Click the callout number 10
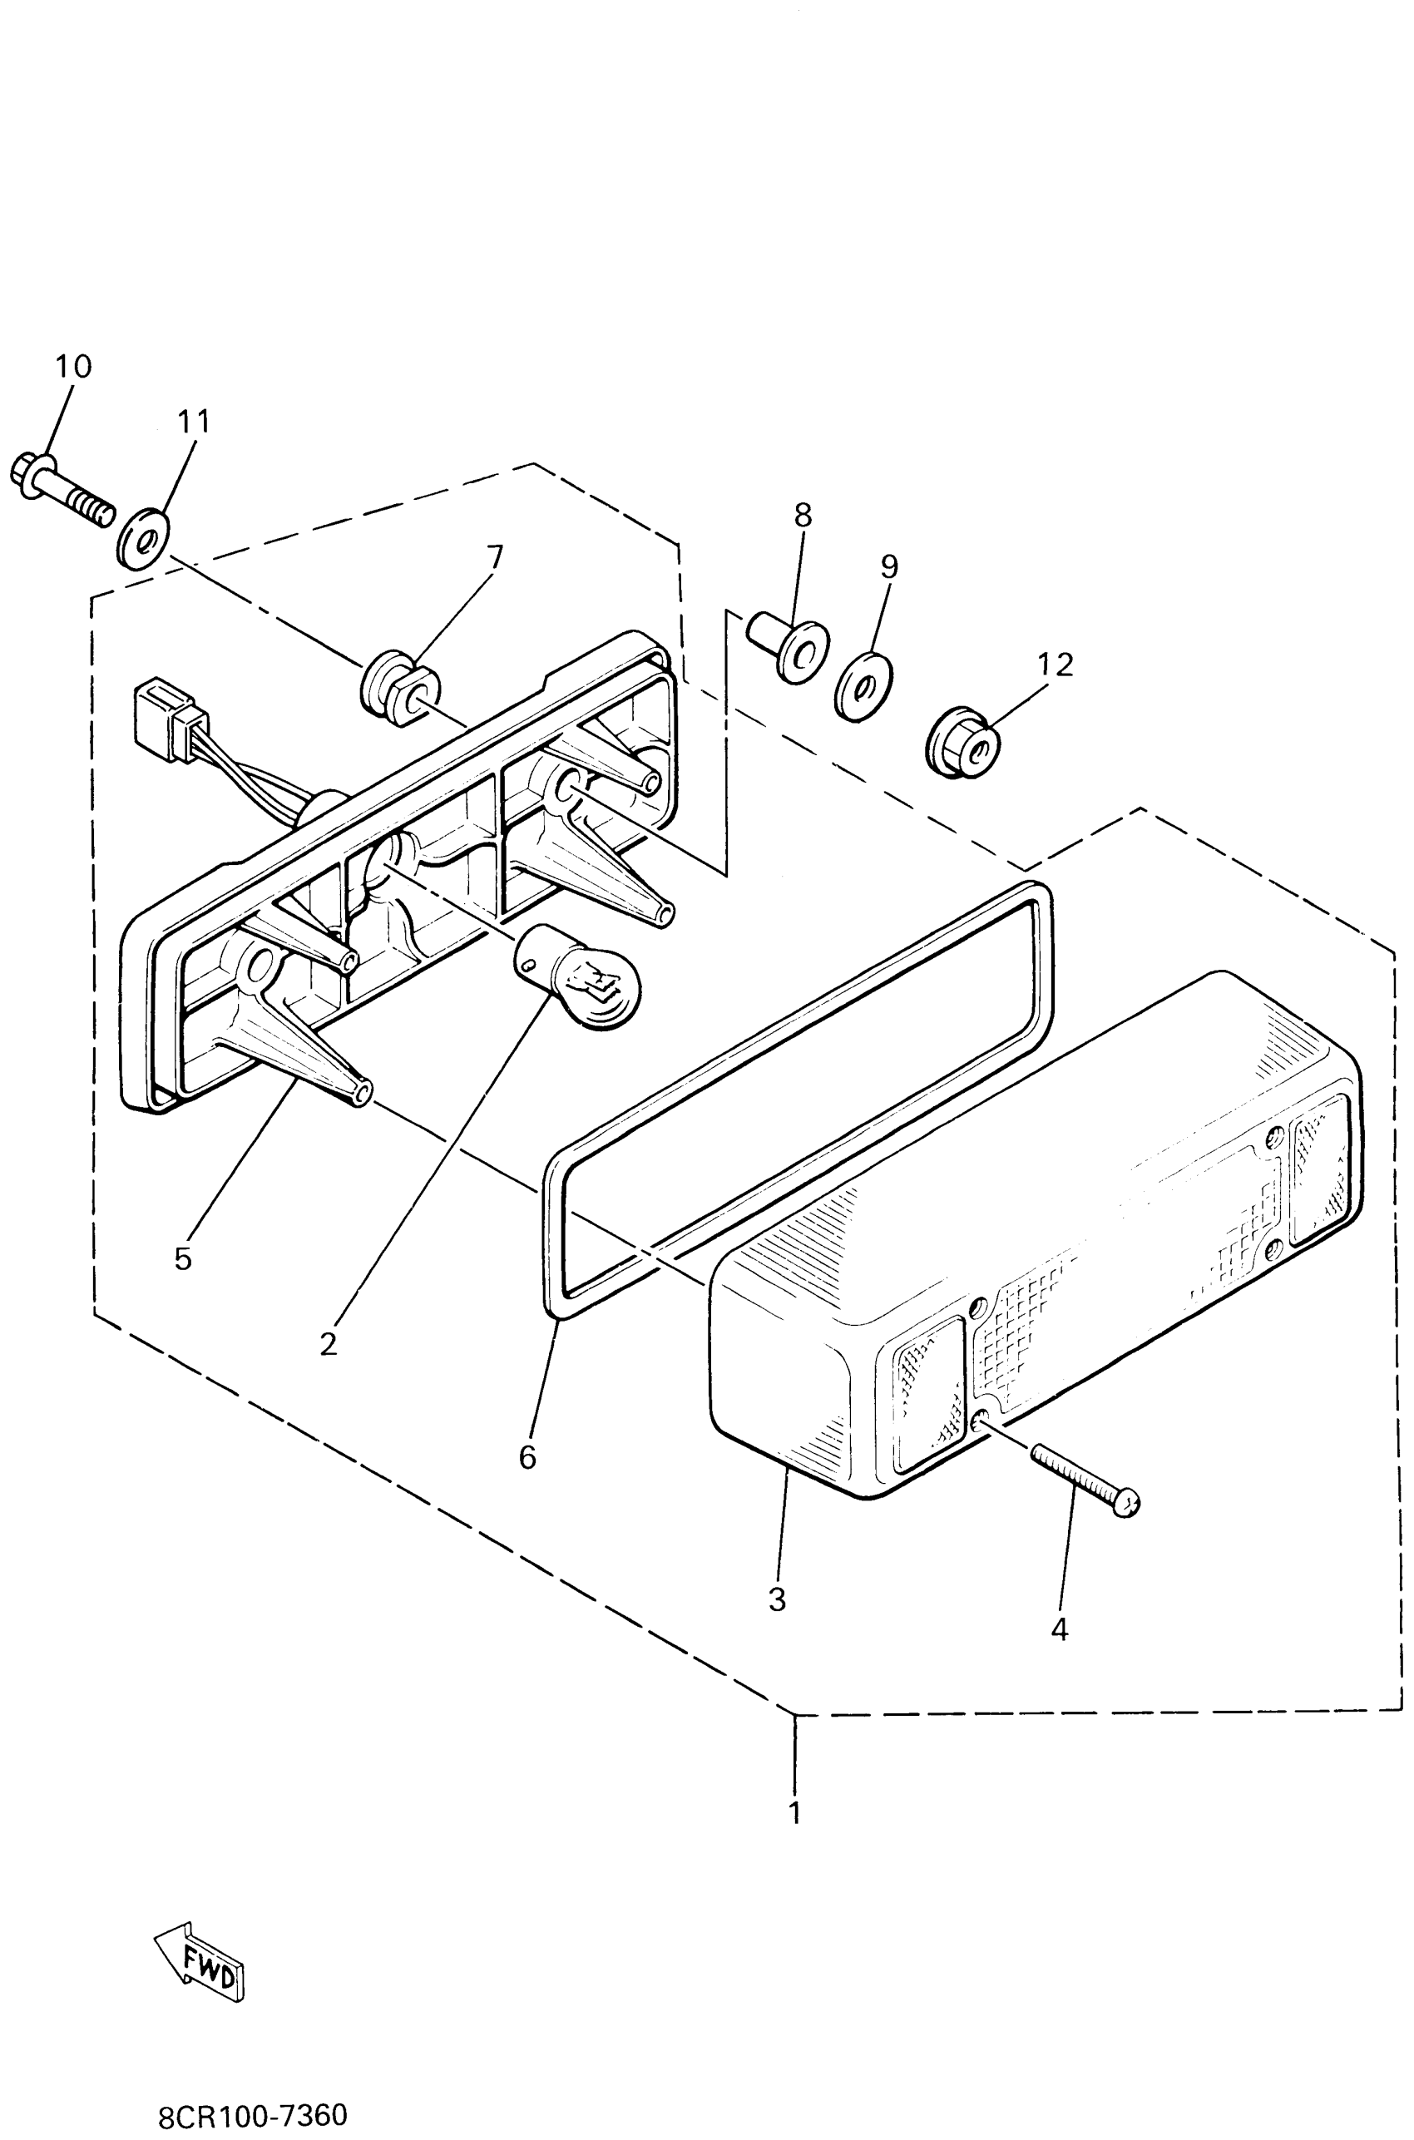pos(73,367)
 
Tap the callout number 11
pos(193,421)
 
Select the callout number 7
pos(494,556)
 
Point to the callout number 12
pos(1055,665)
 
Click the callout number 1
pos(794,1812)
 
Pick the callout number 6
pos(527,1457)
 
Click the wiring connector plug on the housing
pos(168,726)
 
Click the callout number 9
pos(889,566)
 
